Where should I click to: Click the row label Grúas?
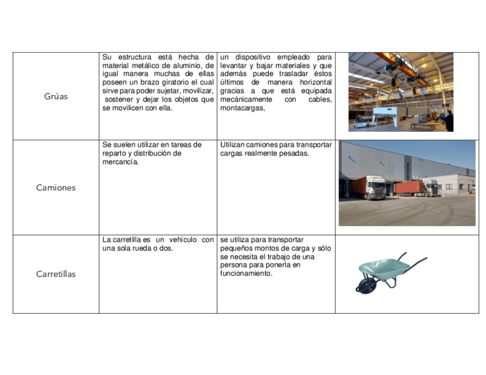click(x=56, y=96)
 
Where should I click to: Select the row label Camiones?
click(x=56, y=188)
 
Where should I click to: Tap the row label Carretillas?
click(x=56, y=274)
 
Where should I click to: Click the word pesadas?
click(x=296, y=153)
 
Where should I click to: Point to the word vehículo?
click(x=183, y=240)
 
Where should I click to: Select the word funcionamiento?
click(x=246, y=274)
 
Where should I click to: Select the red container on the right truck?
click(x=408, y=187)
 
